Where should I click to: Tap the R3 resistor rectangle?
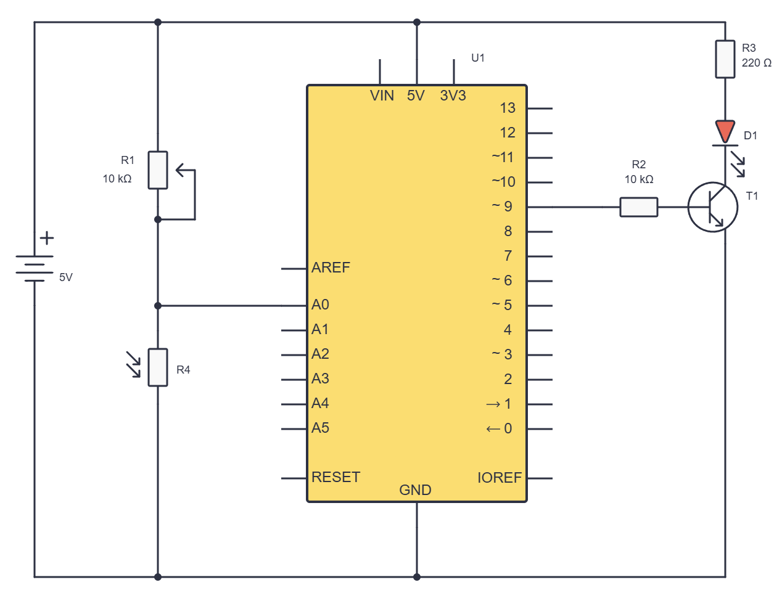coord(725,59)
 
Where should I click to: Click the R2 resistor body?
coord(638,207)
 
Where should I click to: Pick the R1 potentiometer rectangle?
coord(158,170)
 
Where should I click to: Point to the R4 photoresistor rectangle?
coord(158,367)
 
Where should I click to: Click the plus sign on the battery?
coord(47,238)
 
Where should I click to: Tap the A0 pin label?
coord(320,305)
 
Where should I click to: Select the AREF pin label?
coord(331,268)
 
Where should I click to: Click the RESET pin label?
coord(335,477)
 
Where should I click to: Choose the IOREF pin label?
coord(499,478)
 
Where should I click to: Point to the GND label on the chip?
coord(415,490)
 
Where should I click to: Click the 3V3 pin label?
coord(453,96)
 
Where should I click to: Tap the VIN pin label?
coord(382,96)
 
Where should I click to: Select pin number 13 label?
coord(508,108)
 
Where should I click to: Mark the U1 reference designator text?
coord(477,58)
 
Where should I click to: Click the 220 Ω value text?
coord(757,63)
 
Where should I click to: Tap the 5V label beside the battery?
coord(66,277)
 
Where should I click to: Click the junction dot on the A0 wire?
coord(158,306)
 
